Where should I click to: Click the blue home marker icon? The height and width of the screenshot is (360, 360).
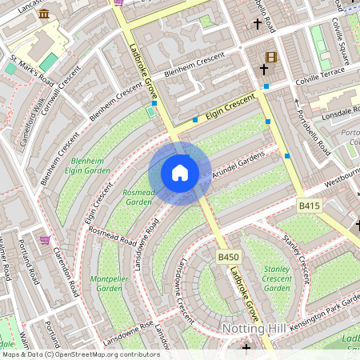tap(180, 173)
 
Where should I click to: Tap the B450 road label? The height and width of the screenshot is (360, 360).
tap(229, 257)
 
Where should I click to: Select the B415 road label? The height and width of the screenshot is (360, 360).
tap(310, 206)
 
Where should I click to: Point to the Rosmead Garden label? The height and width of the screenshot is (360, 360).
tap(138, 198)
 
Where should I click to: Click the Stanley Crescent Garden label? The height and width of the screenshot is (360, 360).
tap(277, 278)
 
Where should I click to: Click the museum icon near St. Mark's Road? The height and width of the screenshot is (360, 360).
tap(43, 14)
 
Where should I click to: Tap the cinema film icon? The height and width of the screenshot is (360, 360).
tap(270, 57)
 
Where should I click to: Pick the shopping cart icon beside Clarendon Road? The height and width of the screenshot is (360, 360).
tap(45, 239)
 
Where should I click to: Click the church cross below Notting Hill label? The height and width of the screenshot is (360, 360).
tap(246, 348)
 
